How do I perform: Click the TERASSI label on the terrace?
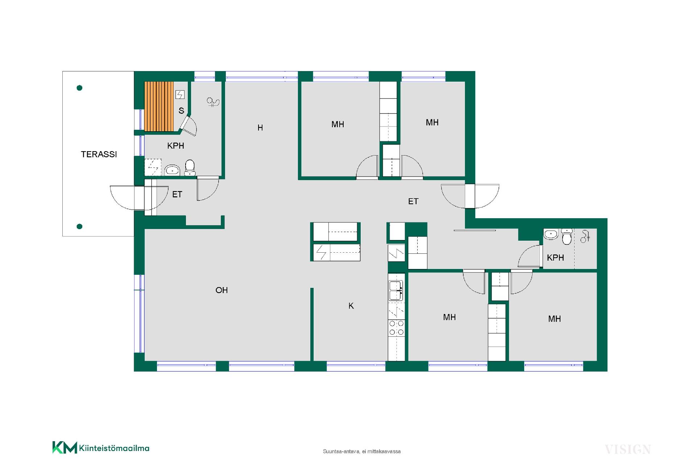click(x=99, y=154)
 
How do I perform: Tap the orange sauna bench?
click(x=159, y=106)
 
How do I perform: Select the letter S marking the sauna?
click(x=181, y=111)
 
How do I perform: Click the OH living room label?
click(x=221, y=290)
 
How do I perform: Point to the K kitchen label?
click(x=351, y=306)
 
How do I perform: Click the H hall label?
click(x=260, y=128)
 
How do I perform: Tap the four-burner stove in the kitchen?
click(x=397, y=328)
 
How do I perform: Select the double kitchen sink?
click(x=396, y=291)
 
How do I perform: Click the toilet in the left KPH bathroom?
click(x=190, y=168)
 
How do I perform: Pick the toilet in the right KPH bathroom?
click(x=567, y=237)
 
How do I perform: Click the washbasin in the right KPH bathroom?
click(x=551, y=234)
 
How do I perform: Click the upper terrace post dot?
click(x=80, y=88)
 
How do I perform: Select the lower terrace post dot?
click(x=80, y=227)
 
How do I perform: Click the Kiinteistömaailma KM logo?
click(x=101, y=448)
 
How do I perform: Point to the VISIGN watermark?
click(x=628, y=449)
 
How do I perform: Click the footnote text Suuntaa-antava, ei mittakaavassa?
click(x=362, y=451)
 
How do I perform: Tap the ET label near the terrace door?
click(x=177, y=195)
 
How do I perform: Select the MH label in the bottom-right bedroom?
click(x=554, y=319)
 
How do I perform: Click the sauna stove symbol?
click(x=180, y=95)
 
